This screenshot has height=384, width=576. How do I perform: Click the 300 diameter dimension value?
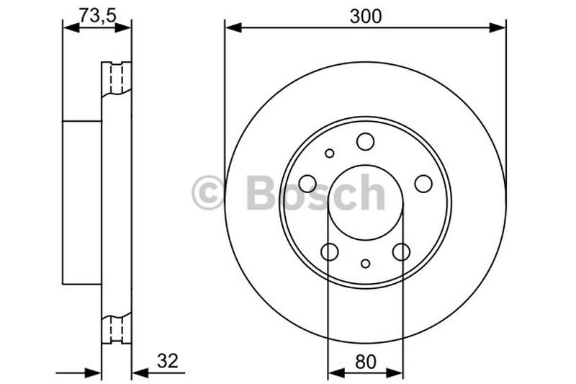click(x=365, y=16)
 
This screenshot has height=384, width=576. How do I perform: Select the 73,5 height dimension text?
click(x=96, y=14)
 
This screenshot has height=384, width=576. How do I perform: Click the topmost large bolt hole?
click(x=365, y=141)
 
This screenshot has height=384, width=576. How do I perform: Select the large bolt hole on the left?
click(x=307, y=183)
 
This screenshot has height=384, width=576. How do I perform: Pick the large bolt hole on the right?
click(x=423, y=183)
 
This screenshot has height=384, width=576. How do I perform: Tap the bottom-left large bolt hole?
click(x=329, y=251)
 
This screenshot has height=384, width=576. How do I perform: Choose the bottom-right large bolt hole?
click(x=401, y=251)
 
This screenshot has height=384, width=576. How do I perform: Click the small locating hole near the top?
click(x=330, y=153)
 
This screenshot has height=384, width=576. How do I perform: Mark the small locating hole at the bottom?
click(x=365, y=264)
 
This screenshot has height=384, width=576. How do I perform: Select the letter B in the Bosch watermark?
click(x=261, y=192)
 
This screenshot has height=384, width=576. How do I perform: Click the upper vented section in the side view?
click(x=117, y=79)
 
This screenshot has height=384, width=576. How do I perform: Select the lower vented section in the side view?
click(x=117, y=330)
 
